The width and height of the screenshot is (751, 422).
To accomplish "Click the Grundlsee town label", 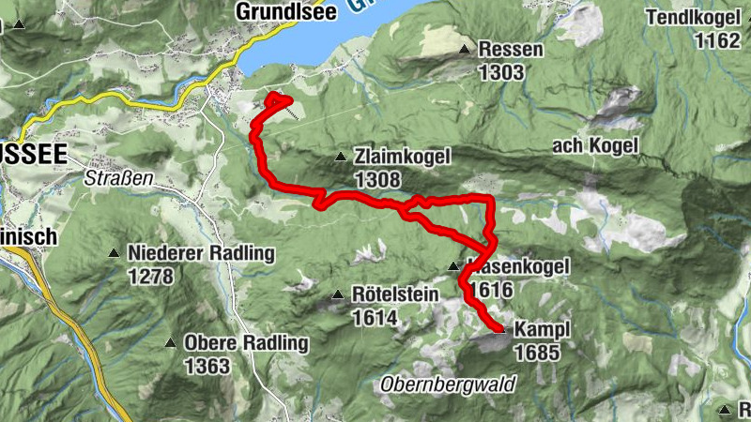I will click(284, 13).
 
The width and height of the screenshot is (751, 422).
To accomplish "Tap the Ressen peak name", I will click(510, 50).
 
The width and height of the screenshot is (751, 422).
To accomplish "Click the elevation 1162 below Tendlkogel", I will click(718, 40).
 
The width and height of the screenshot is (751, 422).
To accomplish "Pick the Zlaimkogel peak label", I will click(403, 157).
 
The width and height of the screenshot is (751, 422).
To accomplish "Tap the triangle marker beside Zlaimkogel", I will click(341, 157).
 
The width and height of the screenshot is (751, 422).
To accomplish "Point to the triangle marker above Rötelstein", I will click(337, 295).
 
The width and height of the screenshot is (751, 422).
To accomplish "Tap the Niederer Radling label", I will click(201, 253).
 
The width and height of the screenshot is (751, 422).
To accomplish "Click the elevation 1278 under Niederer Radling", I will click(152, 276).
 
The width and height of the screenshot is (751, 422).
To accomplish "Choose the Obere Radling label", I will click(246, 343).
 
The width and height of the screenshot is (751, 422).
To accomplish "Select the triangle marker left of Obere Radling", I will click(171, 343).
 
